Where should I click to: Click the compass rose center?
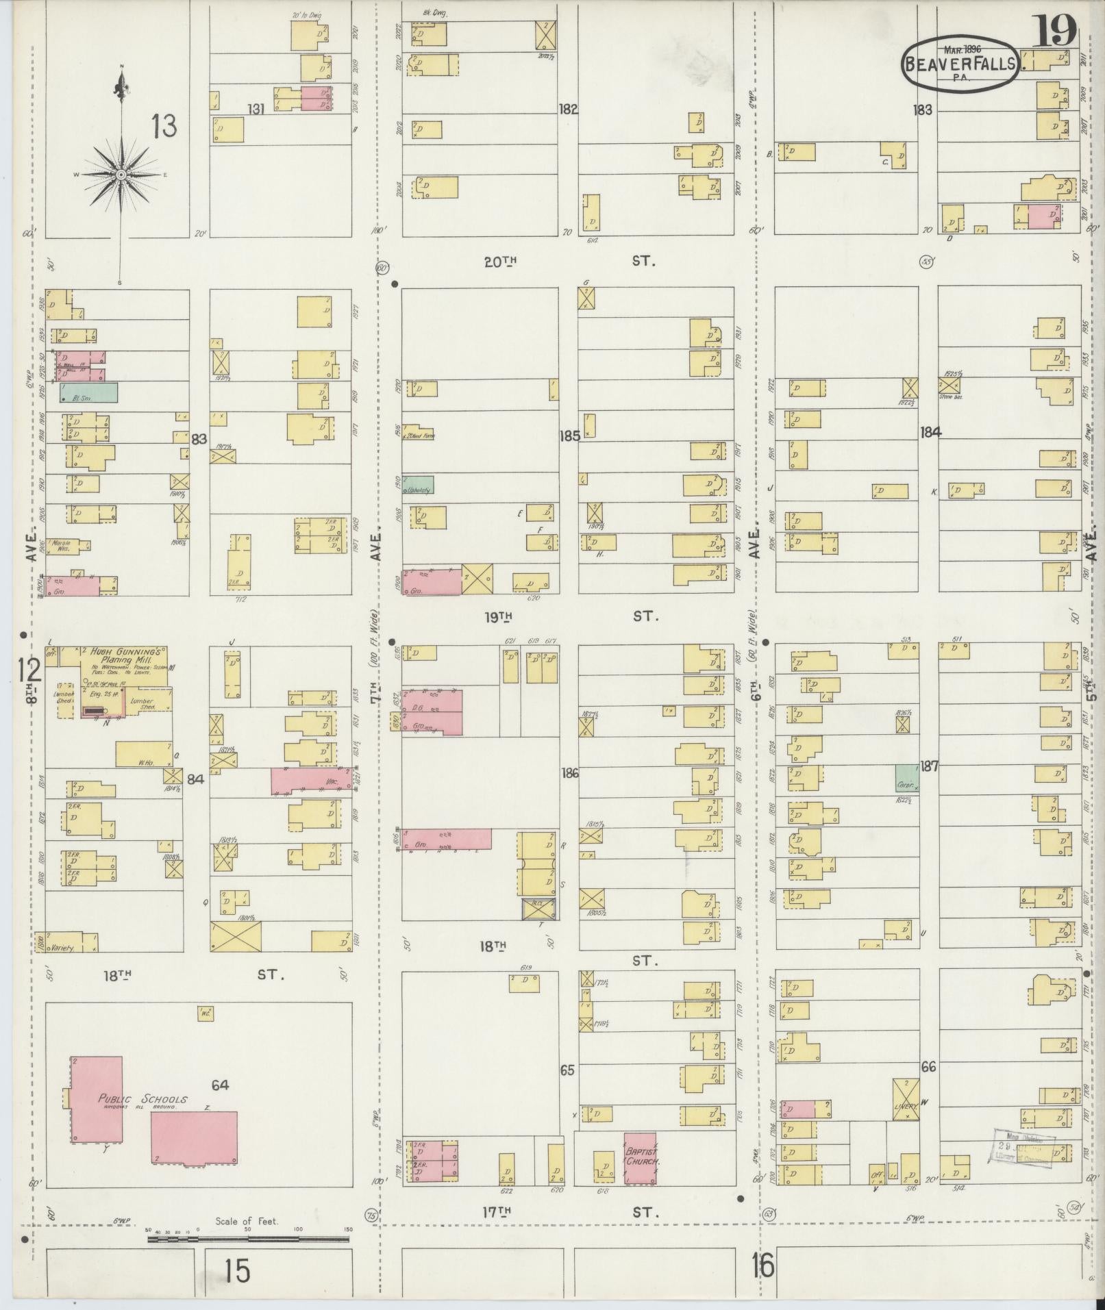click(121, 175)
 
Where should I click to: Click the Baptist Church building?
click(640, 1159)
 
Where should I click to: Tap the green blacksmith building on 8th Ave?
click(88, 392)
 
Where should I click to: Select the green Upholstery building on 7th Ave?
click(418, 484)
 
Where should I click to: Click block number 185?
click(569, 436)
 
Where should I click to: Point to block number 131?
click(256, 109)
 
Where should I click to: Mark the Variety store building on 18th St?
click(66, 942)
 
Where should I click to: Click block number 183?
click(922, 110)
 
